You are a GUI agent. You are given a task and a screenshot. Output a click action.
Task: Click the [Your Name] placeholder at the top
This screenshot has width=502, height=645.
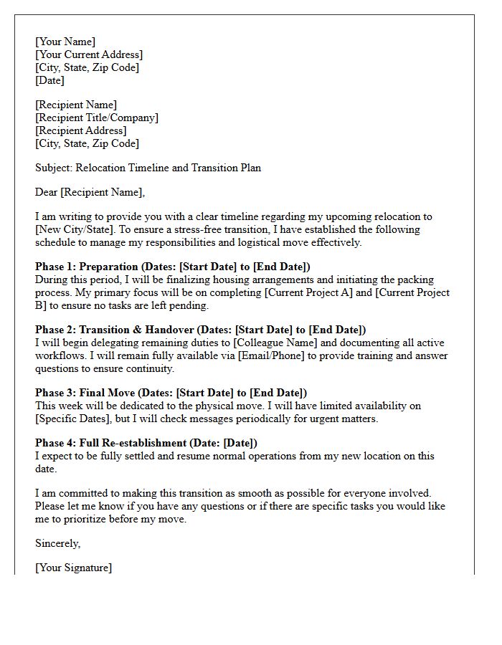pyautogui.click(x=65, y=42)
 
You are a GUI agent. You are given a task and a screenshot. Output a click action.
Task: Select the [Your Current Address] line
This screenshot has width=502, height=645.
pyautogui.click(x=89, y=54)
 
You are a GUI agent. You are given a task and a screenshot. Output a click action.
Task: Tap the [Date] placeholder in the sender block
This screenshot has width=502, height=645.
pyautogui.click(x=49, y=80)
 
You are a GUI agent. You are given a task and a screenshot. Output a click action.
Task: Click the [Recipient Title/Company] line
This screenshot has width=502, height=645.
pyautogui.click(x=97, y=118)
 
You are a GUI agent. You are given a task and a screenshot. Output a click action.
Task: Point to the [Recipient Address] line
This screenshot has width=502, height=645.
pyautogui.click(x=81, y=130)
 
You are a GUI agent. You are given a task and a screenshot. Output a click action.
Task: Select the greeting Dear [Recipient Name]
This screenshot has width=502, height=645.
pyautogui.click(x=90, y=192)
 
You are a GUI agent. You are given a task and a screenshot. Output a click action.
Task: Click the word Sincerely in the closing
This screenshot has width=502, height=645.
pyautogui.click(x=57, y=543)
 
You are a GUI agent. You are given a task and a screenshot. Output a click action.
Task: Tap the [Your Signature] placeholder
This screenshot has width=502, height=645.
pyautogui.click(x=74, y=568)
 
